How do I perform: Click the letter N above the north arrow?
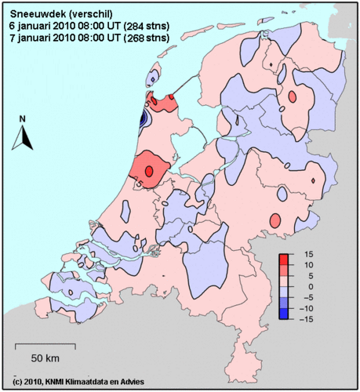[23, 119]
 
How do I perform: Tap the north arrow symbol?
[24, 140]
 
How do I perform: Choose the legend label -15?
[308, 318]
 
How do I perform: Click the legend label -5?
[308, 297]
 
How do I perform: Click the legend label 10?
[310, 265]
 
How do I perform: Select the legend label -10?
[308, 307]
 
